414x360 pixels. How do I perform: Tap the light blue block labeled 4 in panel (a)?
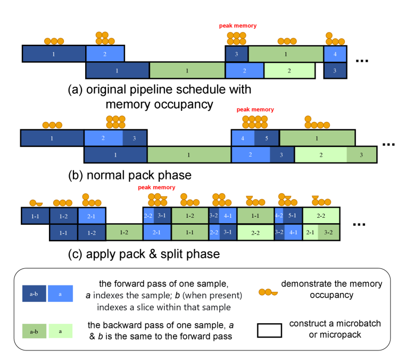pyautogui.click(x=335, y=54)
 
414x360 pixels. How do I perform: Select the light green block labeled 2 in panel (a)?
pyautogui.click(x=289, y=70)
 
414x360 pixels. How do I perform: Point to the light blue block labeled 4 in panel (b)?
pyautogui.click(x=243, y=138)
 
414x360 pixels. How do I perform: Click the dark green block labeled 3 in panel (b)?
pyautogui.click(x=361, y=155)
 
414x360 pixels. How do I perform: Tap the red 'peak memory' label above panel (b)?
pyautogui.click(x=255, y=110)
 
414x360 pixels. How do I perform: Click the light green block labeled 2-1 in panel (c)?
pyautogui.click(x=310, y=233)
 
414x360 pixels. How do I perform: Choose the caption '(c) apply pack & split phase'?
pyautogui.click(x=144, y=254)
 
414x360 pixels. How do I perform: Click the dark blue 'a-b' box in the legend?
pyautogui.click(x=33, y=292)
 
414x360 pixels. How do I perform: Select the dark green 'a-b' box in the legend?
pyautogui.click(x=33, y=331)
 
